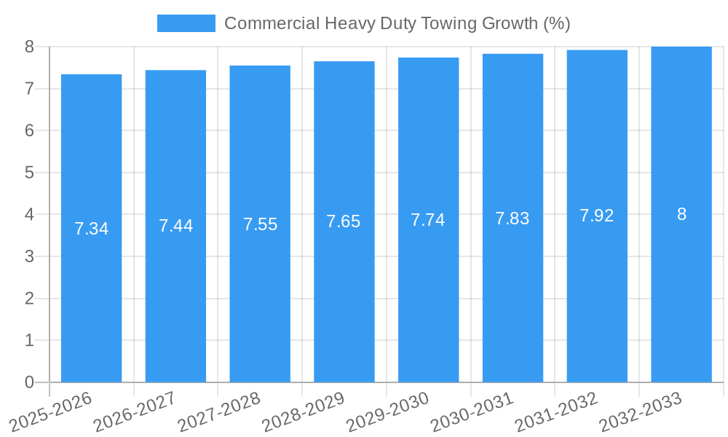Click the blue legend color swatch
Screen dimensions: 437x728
(186, 23)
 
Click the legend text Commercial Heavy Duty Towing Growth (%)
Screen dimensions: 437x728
(397, 23)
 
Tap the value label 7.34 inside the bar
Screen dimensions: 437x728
(91, 229)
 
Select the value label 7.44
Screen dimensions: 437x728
(175, 226)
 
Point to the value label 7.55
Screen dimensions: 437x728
(260, 224)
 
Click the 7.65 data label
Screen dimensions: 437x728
(344, 221)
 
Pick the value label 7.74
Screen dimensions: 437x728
(428, 220)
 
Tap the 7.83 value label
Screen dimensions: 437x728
(513, 219)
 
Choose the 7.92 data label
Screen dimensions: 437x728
(597, 216)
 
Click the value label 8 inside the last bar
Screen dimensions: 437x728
(681, 214)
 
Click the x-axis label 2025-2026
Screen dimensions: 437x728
(51, 412)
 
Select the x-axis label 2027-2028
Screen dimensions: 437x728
(219, 412)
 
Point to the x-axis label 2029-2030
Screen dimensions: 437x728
(388, 412)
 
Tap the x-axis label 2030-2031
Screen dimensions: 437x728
(472, 412)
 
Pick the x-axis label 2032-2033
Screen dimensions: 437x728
(641, 412)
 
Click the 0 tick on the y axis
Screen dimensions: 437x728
(29, 382)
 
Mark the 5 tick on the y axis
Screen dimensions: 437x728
(29, 173)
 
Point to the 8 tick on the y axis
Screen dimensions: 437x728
(29, 47)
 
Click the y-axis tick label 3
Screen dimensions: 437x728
(29, 256)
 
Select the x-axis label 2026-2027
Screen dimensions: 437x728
(135, 412)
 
